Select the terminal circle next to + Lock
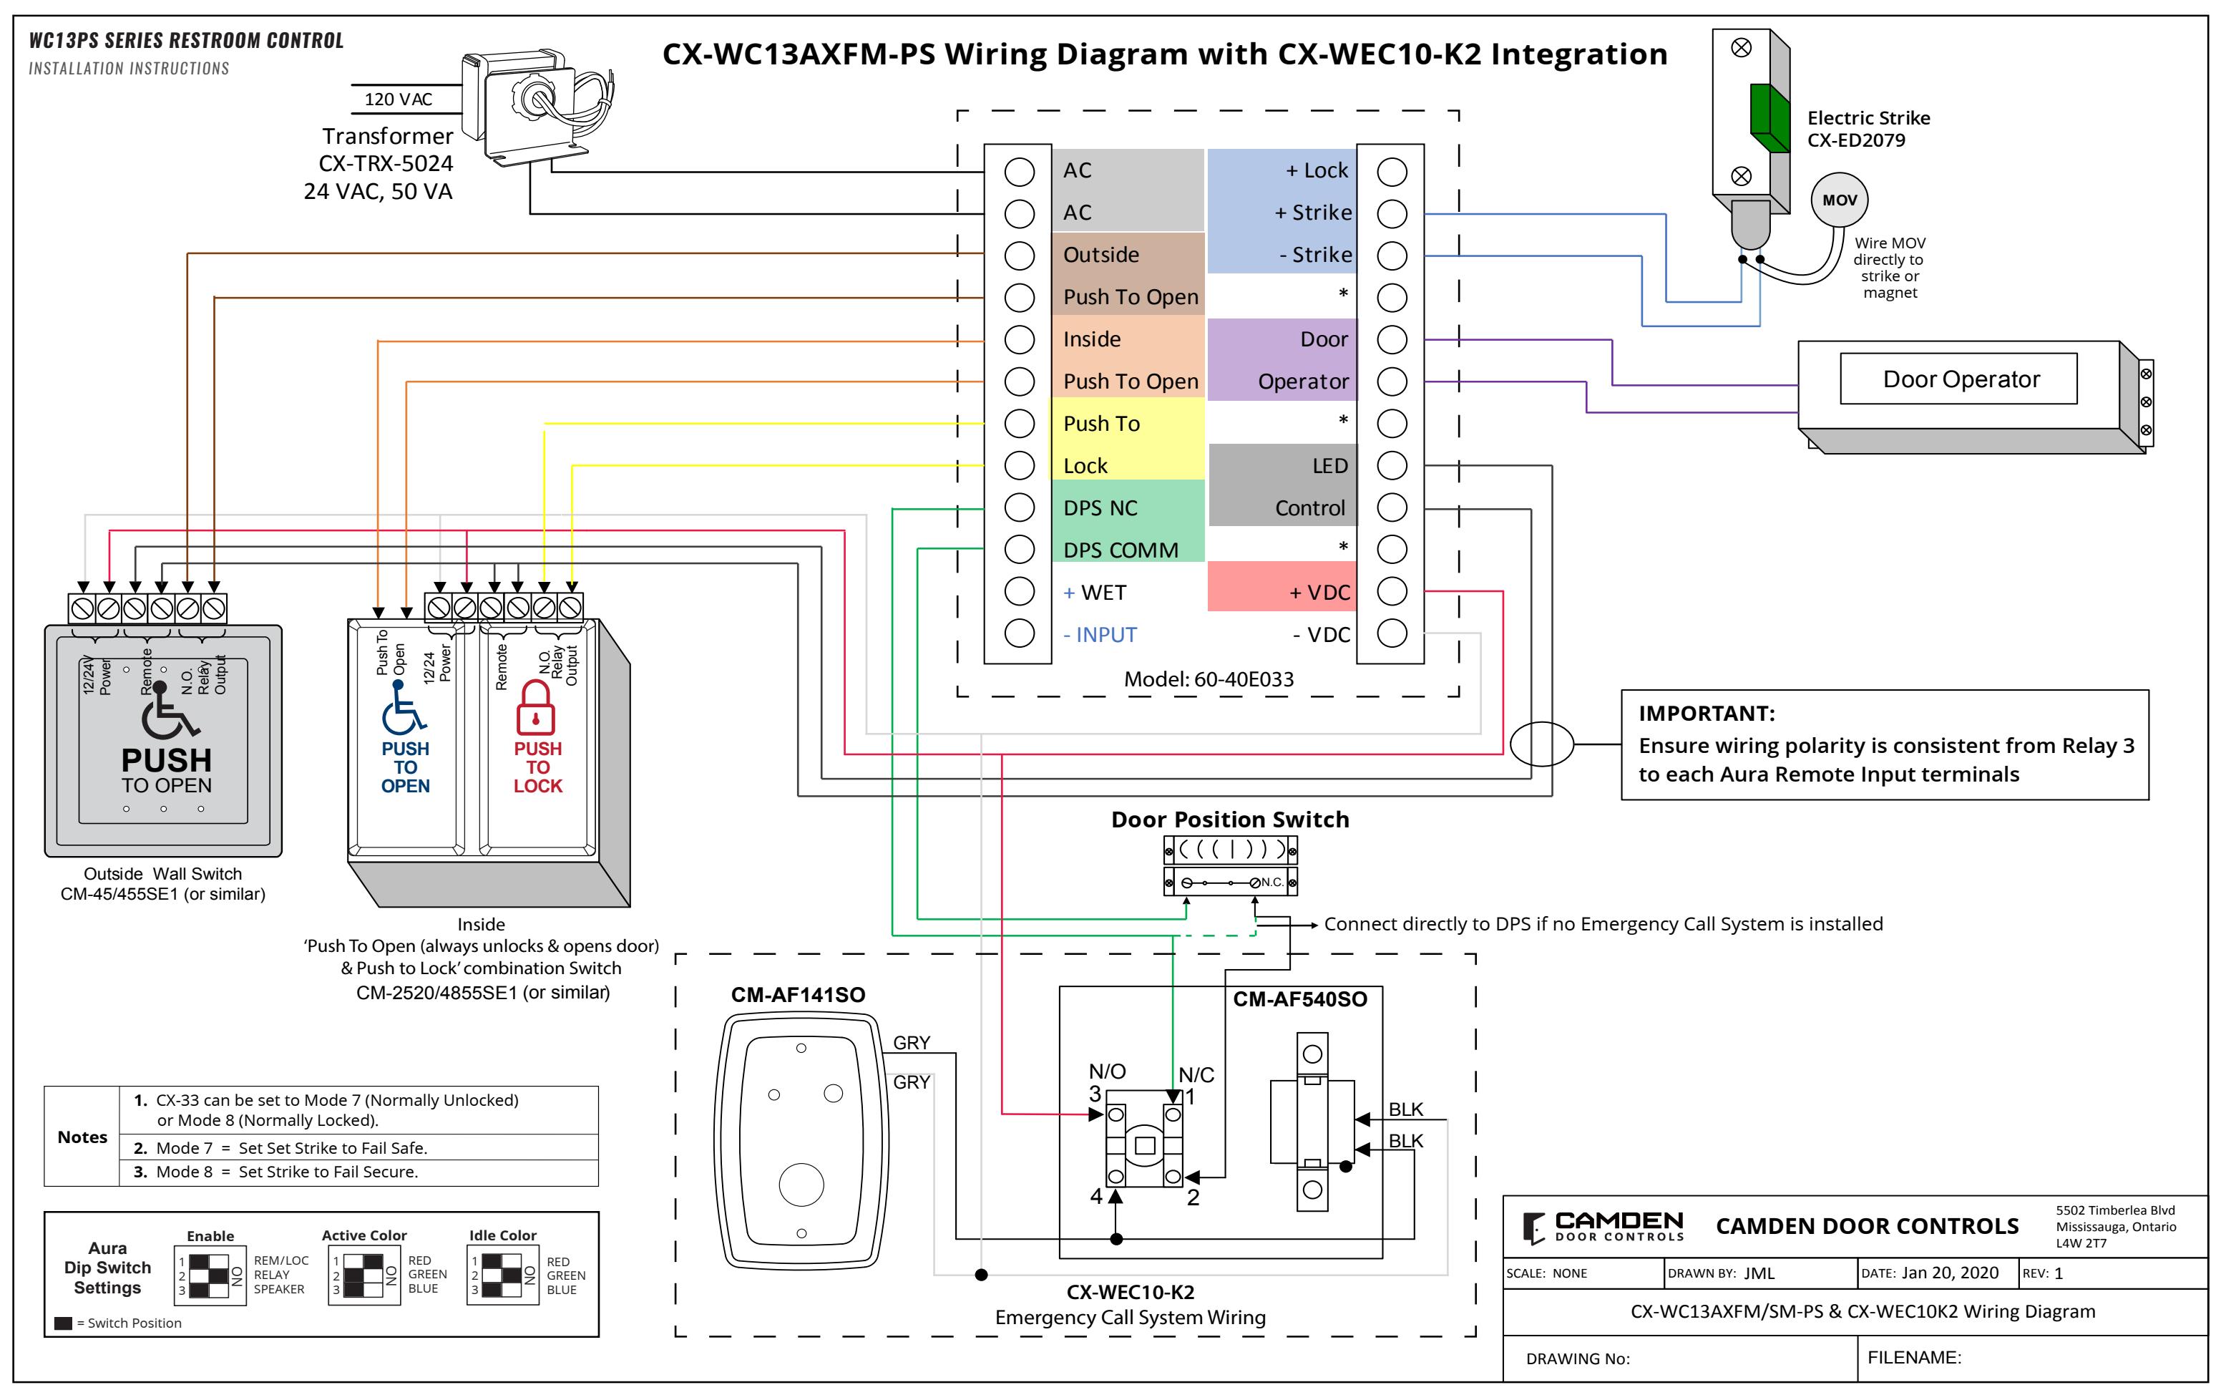coord(1391,172)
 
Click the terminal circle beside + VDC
coord(1391,591)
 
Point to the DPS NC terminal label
coord(1100,508)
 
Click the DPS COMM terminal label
coord(1121,551)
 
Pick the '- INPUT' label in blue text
coord(1100,635)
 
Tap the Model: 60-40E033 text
coord(1209,679)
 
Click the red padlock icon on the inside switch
coord(535,708)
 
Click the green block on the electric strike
coord(1769,118)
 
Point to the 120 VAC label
coord(399,99)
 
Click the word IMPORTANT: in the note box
coord(1707,713)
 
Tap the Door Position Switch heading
coord(1229,820)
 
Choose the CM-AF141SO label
coord(798,995)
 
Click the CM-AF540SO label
coord(1299,999)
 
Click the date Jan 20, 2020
coord(1950,1273)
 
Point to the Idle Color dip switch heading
coord(503,1235)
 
